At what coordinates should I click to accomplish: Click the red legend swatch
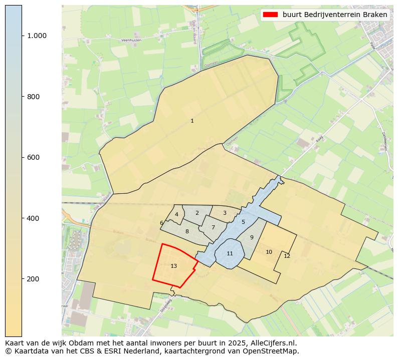coord(271,15)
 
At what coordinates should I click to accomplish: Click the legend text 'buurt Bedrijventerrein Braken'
coord(335,15)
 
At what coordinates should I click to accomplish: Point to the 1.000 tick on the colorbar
coord(37,36)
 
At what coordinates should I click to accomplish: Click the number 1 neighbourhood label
coord(192,121)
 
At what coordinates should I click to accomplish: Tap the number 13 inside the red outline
coord(173,266)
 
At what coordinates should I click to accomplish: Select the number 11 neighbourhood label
coord(230,253)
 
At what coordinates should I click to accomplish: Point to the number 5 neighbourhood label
coord(243,222)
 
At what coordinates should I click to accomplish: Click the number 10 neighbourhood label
coord(269,252)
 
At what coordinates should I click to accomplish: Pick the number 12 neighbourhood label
coord(287,256)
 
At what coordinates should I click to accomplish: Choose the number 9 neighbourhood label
coord(252,237)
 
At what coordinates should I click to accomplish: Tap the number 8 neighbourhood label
coord(187,231)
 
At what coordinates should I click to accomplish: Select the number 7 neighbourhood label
coord(213,227)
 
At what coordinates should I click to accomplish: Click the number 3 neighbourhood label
coord(225,213)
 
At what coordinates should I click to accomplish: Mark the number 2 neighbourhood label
coord(197,213)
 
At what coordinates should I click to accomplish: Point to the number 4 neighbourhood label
coord(176,214)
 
